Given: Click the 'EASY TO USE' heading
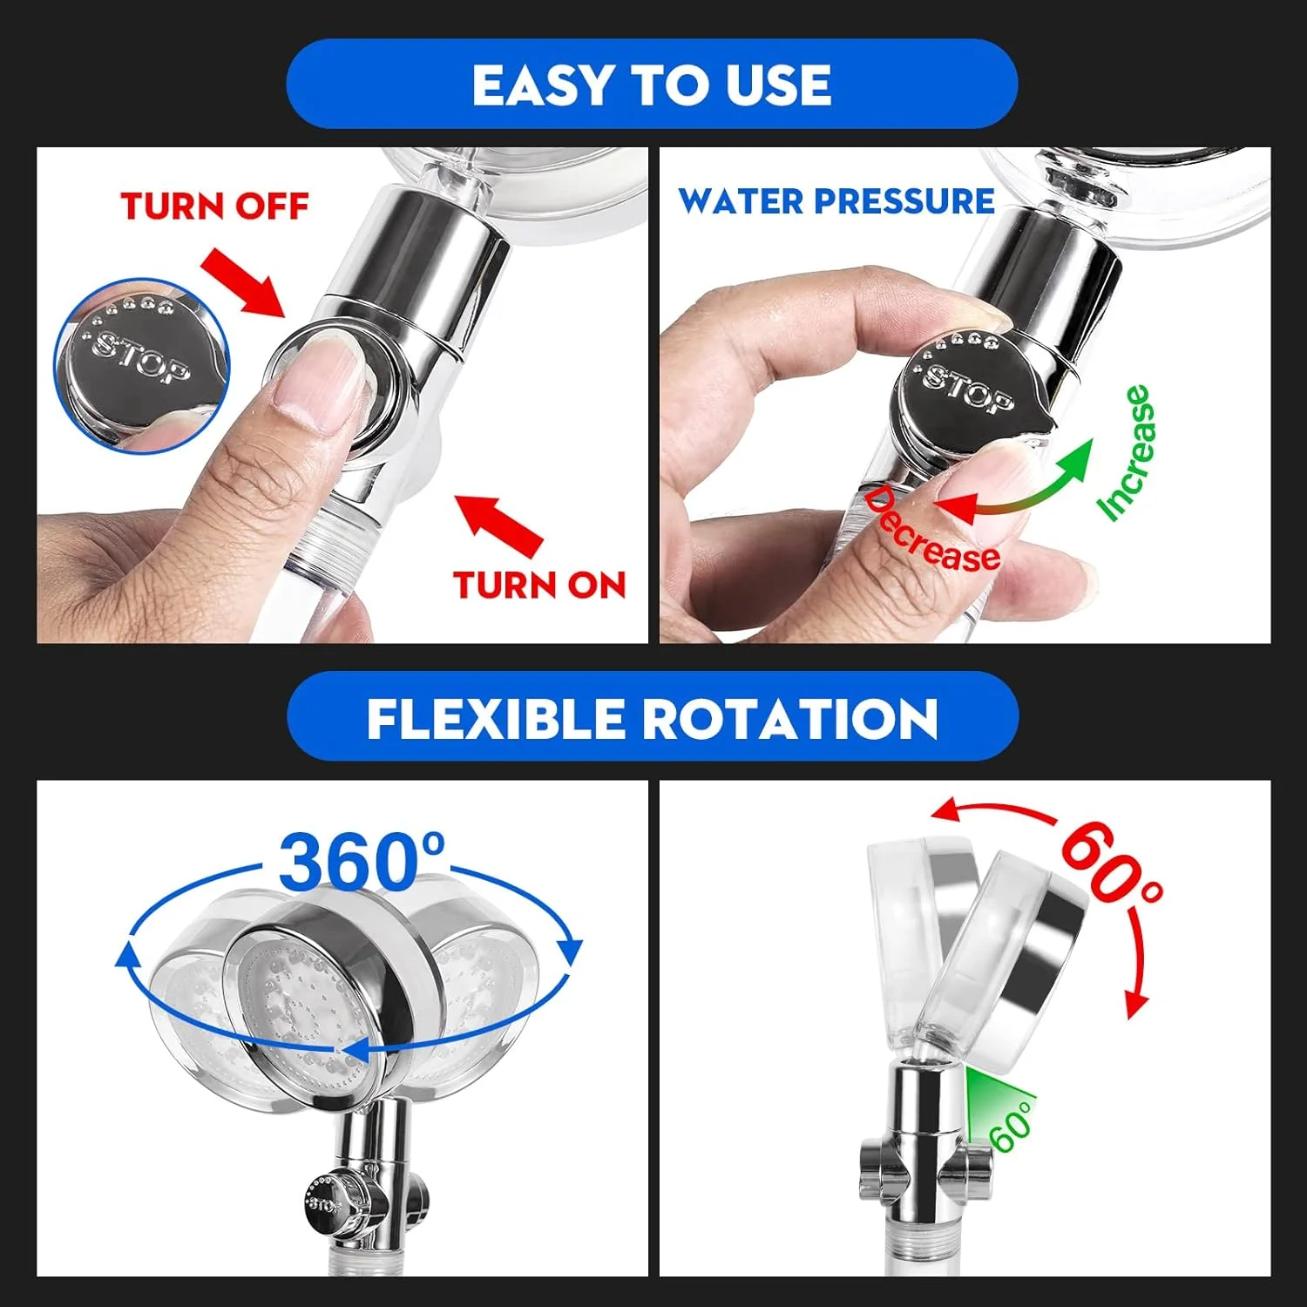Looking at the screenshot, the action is click(x=652, y=85).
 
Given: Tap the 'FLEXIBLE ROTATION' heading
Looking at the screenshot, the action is click(x=652, y=718).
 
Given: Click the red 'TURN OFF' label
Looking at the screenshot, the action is click(x=214, y=207).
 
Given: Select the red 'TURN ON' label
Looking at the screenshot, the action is click(x=539, y=585).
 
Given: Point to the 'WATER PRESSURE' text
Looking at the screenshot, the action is click(x=836, y=201).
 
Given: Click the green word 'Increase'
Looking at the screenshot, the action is click(x=1126, y=453).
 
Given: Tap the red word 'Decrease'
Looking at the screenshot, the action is click(x=931, y=532).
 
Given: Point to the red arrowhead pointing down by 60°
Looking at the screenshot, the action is click(x=1134, y=1004).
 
